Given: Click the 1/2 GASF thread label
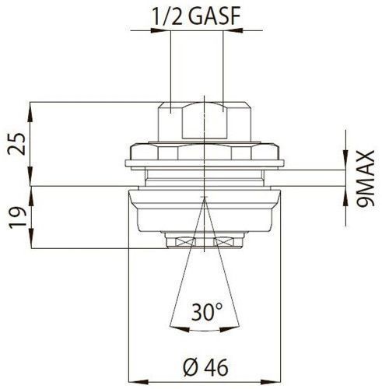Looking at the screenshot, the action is coord(196,17).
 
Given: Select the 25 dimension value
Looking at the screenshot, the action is coord(16,144).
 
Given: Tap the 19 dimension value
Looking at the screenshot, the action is coord(18,218).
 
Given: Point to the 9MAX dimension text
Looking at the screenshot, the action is coord(365,178).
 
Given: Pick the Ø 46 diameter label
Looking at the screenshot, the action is coord(205,367).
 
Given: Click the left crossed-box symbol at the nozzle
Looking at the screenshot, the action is coord(185,242).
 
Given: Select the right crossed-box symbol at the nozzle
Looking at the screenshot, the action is coord(223,242).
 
